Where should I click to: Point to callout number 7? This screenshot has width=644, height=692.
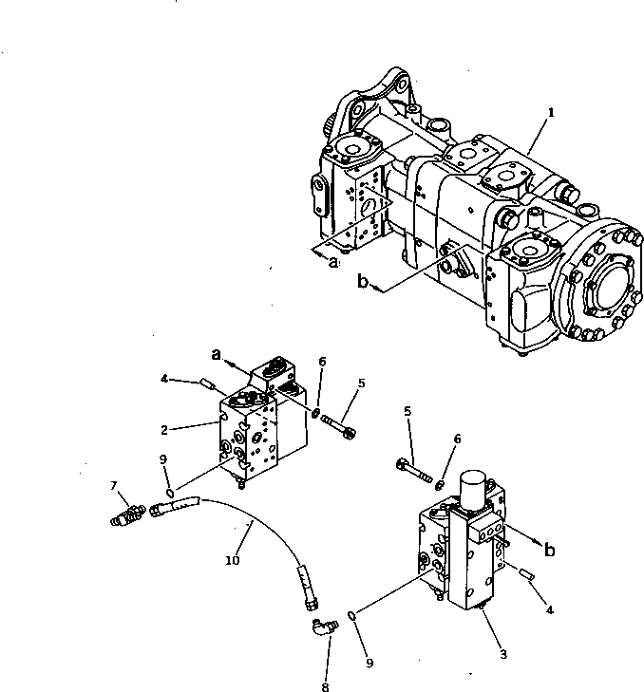tap(114, 485)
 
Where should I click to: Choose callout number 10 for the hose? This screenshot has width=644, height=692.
tap(232, 561)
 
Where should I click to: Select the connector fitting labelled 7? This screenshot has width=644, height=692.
tap(128, 515)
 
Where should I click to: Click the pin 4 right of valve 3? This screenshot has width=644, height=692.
tap(528, 573)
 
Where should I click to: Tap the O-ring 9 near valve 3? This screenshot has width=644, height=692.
tap(353, 615)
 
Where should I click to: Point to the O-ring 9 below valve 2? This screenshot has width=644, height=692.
tap(169, 492)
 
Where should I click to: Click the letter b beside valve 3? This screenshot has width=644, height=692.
tap(549, 548)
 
